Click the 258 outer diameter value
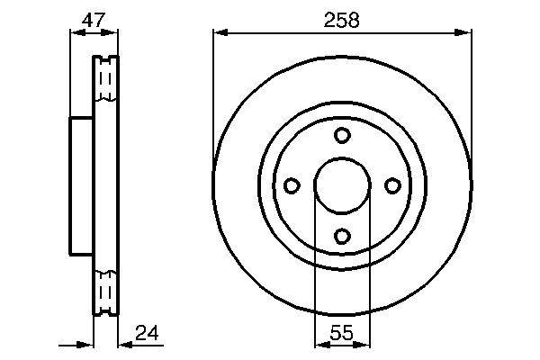(x=342, y=20)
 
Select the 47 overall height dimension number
(x=94, y=19)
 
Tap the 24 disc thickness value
(x=148, y=334)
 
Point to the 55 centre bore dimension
(x=342, y=333)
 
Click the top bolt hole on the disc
(x=342, y=135)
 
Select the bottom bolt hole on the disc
(x=342, y=236)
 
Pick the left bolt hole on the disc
(x=292, y=185)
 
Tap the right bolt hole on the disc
(x=392, y=185)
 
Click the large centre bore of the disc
(x=342, y=185)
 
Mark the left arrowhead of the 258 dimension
(x=220, y=33)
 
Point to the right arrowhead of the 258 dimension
(x=465, y=33)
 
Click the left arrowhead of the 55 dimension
(x=319, y=344)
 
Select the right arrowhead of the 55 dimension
(x=364, y=344)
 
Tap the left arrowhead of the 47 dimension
(x=76, y=33)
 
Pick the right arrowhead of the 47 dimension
(x=112, y=33)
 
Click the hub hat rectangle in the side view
(x=82, y=186)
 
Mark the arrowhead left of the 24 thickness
(x=87, y=344)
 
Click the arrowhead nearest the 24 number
(x=125, y=344)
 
